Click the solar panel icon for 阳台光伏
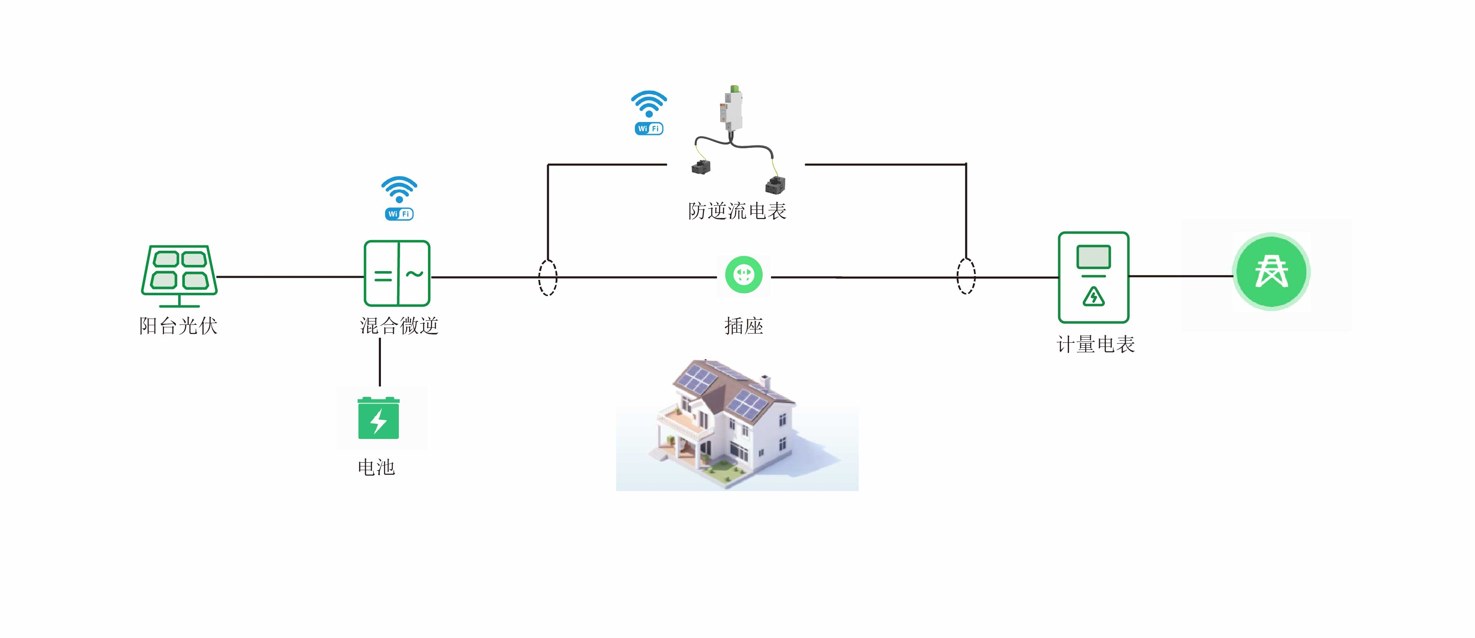click(179, 275)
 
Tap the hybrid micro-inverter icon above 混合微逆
click(397, 273)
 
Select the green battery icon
click(378, 418)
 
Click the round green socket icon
click(744, 274)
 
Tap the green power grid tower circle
click(1271, 272)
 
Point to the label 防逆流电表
click(737, 211)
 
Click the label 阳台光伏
click(178, 326)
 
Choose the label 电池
click(376, 467)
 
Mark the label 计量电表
click(1095, 345)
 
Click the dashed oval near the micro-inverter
click(547, 277)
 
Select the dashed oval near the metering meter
click(966, 276)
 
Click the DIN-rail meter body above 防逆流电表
click(731, 109)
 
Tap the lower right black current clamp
click(775, 185)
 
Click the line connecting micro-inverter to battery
click(380, 362)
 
